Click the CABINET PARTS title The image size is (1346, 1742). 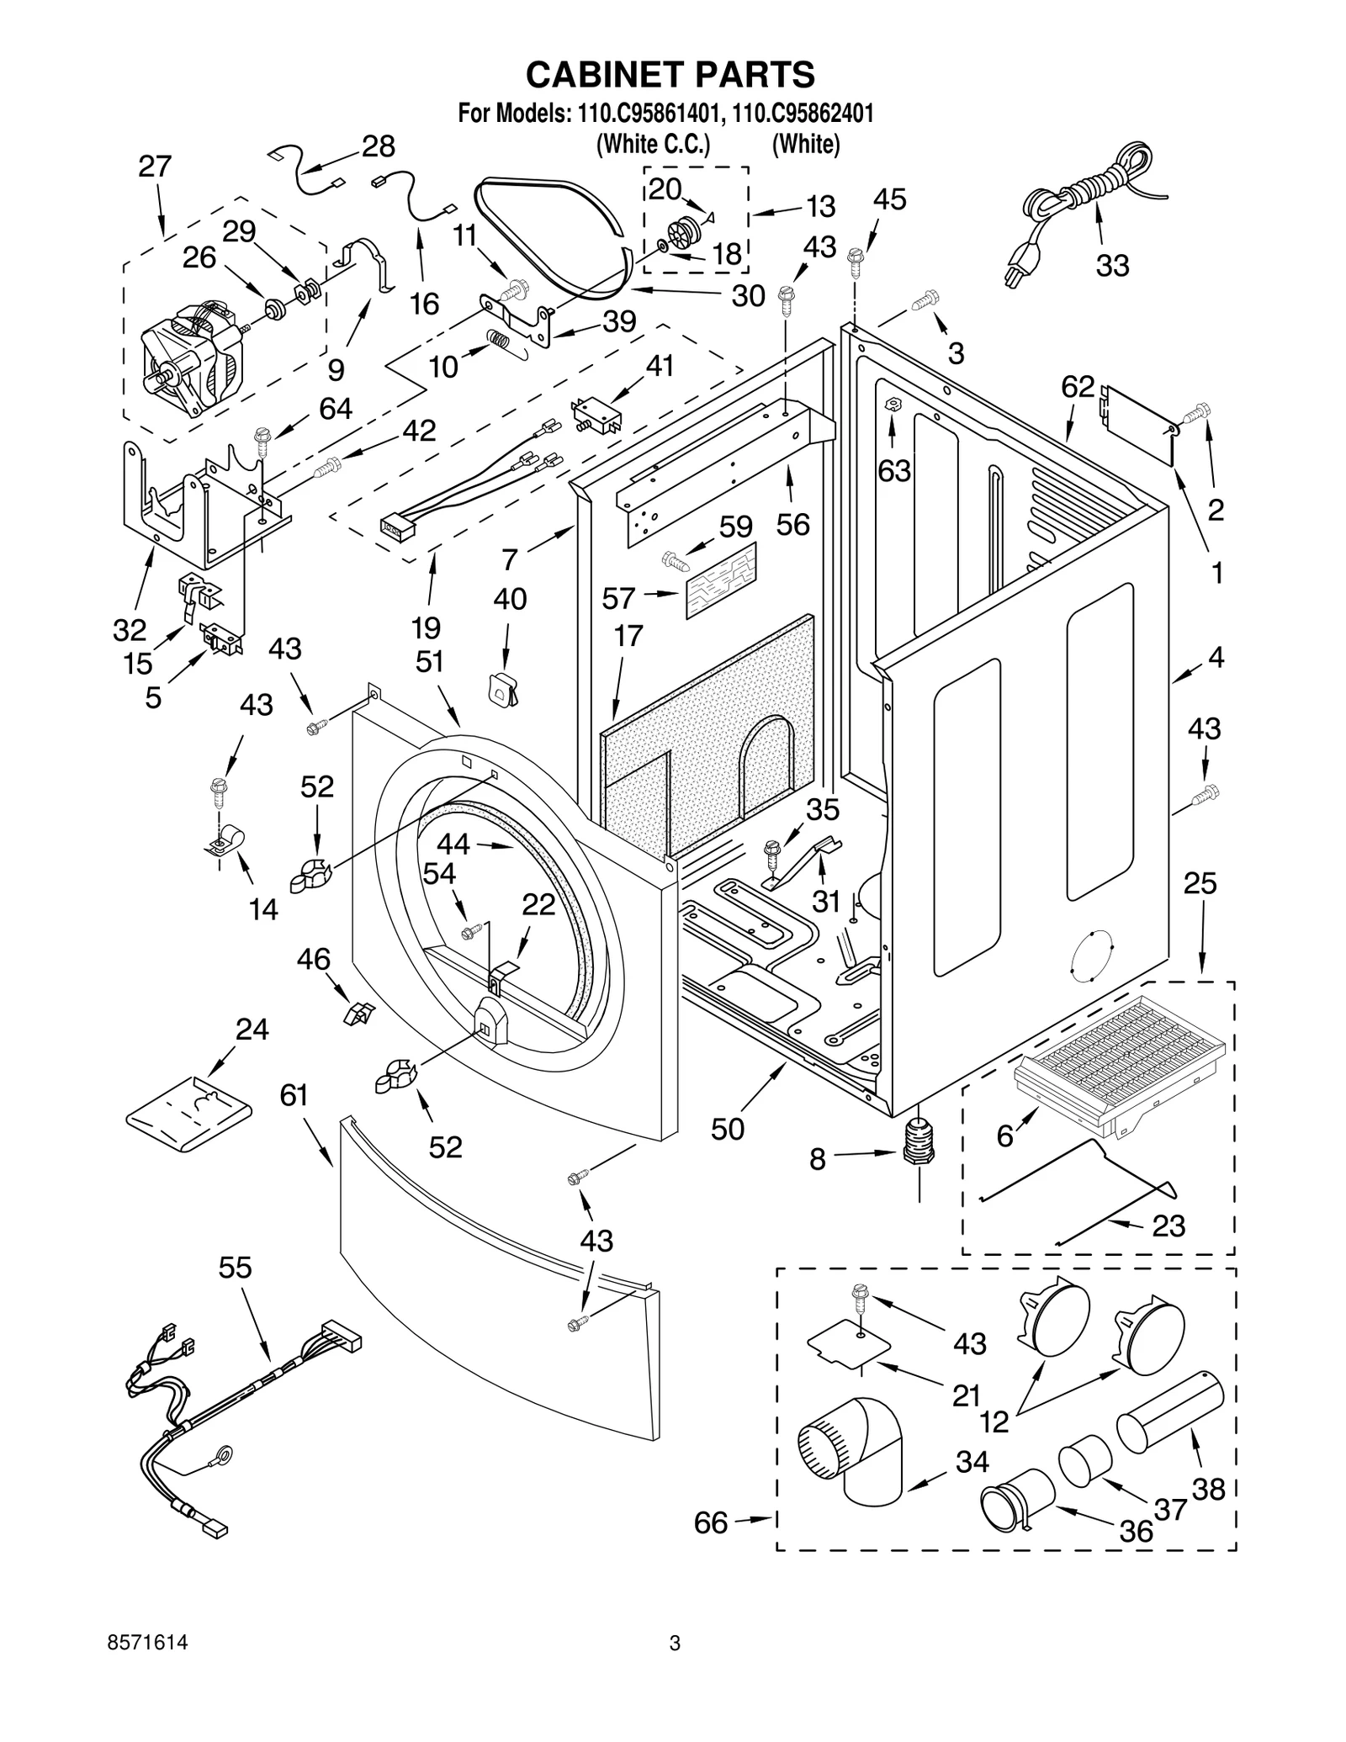pos(670,75)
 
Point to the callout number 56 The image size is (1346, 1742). pos(792,524)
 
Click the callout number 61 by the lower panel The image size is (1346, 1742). pos(294,1095)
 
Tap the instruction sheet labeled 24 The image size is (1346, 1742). pos(189,1113)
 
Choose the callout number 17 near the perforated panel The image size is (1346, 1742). pos(628,636)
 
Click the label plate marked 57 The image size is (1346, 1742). pos(721,580)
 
